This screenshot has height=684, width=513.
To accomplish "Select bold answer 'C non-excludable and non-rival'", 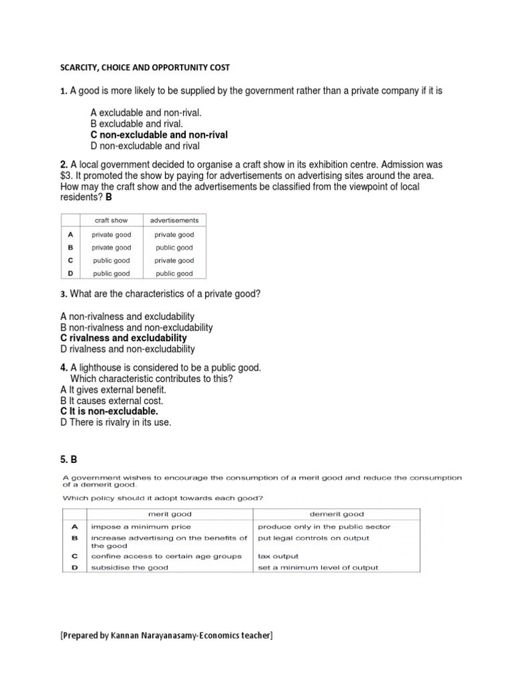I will point(159,135).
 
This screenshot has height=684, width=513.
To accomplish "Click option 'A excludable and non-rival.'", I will point(145,113).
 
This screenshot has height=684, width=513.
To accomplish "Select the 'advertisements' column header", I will point(174,220).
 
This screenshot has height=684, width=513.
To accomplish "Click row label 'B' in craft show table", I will point(70,247).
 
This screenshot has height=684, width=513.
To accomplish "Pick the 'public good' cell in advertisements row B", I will point(174,247).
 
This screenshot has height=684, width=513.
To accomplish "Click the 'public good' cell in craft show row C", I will point(111,261).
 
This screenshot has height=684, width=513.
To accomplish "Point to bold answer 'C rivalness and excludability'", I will point(124,338).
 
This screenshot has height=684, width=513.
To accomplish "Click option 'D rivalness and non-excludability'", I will point(128,349).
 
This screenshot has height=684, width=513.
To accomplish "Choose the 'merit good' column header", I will point(169,514).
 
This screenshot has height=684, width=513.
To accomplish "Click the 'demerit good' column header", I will point(337,514).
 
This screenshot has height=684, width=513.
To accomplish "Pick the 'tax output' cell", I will point(278,556).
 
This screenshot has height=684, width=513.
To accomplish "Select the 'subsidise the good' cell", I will point(130,567).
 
